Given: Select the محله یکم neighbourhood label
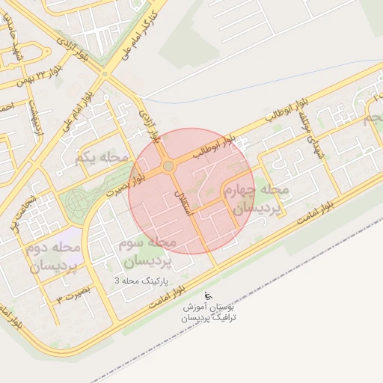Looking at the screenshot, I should tap(102, 157).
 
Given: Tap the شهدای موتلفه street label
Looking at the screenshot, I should tap(306, 132).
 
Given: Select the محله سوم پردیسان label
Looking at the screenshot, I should tap(148, 252).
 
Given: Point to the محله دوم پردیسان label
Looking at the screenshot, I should tap(54, 256).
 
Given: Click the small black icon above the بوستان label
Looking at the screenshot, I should tap(207, 296).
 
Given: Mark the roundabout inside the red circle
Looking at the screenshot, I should tap(168, 166).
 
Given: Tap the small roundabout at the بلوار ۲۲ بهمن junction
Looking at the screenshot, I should tap(104, 73).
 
